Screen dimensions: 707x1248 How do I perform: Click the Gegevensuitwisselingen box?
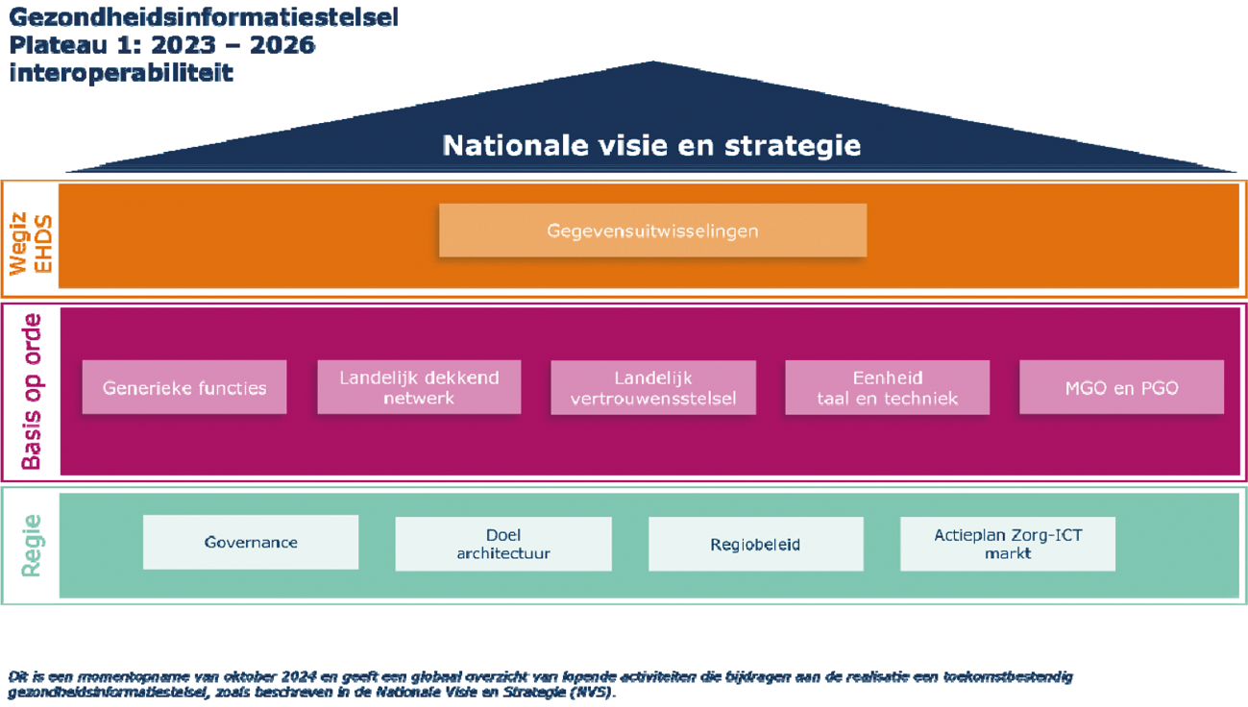pyautogui.click(x=652, y=231)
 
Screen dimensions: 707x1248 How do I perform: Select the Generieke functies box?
pyautogui.click(x=184, y=387)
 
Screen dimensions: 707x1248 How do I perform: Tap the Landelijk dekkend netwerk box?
pyautogui.click(x=419, y=387)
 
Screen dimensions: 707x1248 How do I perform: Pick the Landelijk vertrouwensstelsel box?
pyautogui.click(x=653, y=387)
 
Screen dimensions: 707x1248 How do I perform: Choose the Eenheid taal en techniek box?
pyautogui.click(x=887, y=387)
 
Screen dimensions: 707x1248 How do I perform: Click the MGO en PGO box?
pyautogui.click(x=1121, y=387)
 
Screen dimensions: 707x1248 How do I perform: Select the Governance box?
pyautogui.click(x=251, y=543)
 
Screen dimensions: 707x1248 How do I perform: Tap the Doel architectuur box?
pyautogui.click(x=503, y=544)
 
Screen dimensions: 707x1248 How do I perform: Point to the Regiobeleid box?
pyautogui.click(x=755, y=544)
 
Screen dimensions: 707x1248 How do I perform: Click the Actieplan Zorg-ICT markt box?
pyautogui.click(x=1008, y=544)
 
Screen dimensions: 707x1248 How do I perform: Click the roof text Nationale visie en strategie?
pyautogui.click(x=651, y=145)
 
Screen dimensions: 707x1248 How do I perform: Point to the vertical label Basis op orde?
pyautogui.click(x=32, y=391)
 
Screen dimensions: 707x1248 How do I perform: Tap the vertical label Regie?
pyautogui.click(x=32, y=546)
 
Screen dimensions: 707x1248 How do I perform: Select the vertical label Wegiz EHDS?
pyautogui.click(x=31, y=235)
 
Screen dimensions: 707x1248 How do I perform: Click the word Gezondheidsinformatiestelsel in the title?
pyautogui.click(x=203, y=16)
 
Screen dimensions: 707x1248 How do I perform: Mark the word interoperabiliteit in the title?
pyautogui.click(x=121, y=73)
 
